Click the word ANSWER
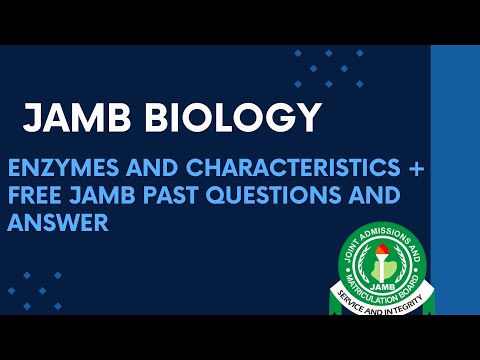pyautogui.click(x=57, y=222)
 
